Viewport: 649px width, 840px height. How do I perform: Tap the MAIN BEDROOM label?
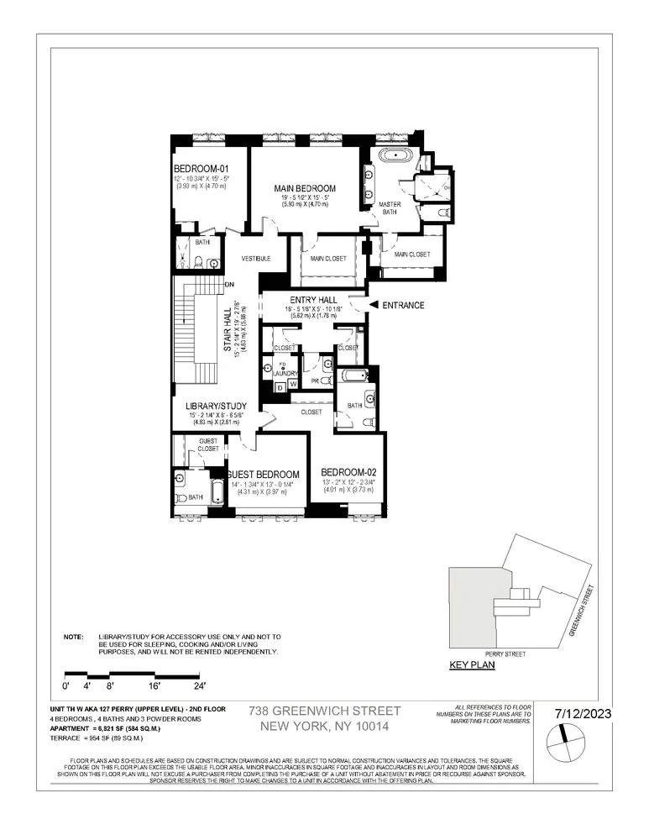pos(305,188)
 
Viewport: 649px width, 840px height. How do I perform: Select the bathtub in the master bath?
pos(393,156)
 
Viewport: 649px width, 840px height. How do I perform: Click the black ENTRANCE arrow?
pos(374,305)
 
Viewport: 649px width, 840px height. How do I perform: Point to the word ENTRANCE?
pos(404,305)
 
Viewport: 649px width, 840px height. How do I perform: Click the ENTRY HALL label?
pos(313,301)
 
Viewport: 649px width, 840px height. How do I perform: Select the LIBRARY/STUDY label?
pos(216,406)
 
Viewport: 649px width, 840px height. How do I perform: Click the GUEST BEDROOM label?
pos(263,474)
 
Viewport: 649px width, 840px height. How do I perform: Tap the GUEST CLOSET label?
pos(207,444)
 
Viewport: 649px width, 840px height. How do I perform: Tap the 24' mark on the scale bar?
pos(199,685)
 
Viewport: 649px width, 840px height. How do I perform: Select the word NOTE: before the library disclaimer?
pos(74,638)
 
